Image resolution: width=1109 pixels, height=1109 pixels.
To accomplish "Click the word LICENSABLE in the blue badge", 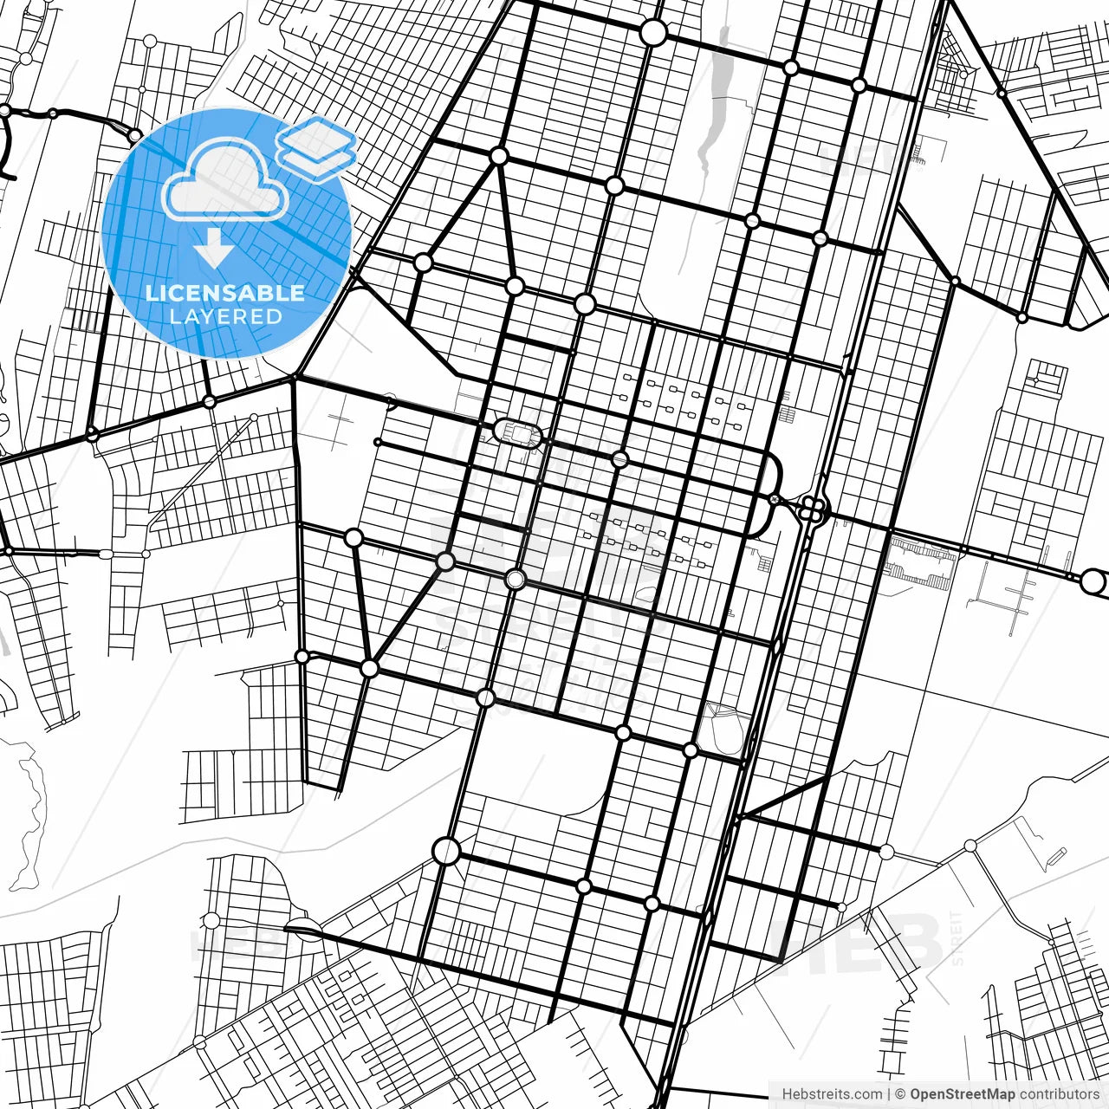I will pyautogui.click(x=225, y=293).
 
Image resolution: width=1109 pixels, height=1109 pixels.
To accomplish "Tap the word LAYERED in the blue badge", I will pyautogui.click(x=225, y=316).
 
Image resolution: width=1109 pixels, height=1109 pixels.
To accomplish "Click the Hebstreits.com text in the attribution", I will pyautogui.click(x=832, y=1094).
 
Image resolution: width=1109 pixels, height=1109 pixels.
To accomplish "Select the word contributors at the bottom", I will pyautogui.click(x=1058, y=1094).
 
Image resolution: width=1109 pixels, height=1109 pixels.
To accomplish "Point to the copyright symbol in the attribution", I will pyautogui.click(x=900, y=1094).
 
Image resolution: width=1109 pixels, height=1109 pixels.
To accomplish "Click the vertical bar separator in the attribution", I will pyautogui.click(x=889, y=1094).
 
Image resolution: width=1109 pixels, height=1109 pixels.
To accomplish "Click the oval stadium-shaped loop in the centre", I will pyautogui.click(x=518, y=432).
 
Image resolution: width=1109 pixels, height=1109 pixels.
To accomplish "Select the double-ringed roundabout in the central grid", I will pyautogui.click(x=516, y=579).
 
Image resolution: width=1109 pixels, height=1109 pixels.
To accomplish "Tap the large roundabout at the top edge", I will pyautogui.click(x=653, y=33).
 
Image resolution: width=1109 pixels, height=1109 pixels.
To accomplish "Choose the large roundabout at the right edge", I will pyautogui.click(x=1093, y=580).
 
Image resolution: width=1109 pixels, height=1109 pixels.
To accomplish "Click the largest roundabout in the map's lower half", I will pyautogui.click(x=446, y=851).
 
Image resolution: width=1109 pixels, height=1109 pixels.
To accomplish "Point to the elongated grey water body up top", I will pyautogui.click(x=716, y=95).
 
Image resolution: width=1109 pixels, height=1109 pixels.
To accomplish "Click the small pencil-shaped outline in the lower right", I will pyautogui.click(x=1055, y=856).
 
